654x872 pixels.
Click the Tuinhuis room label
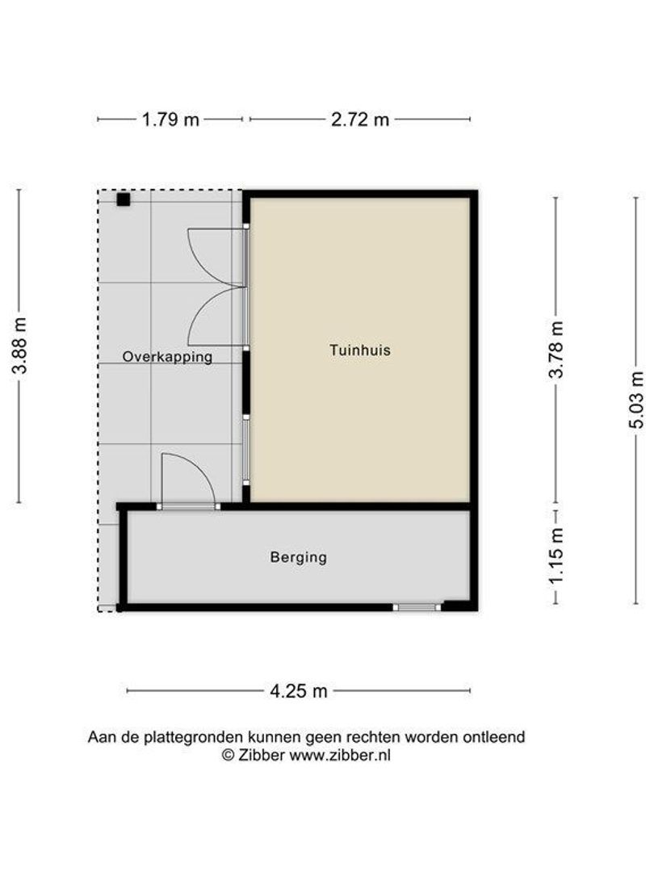pyautogui.click(x=360, y=350)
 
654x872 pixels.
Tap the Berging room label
pyautogui.click(x=299, y=556)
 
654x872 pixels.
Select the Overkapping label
pyautogui.click(x=168, y=356)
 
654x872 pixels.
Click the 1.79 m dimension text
pyautogui.click(x=170, y=119)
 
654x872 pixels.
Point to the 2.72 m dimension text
pyautogui.click(x=360, y=119)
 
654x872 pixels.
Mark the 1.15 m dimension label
pyautogui.click(x=556, y=557)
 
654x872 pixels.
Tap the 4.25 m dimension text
pyautogui.click(x=299, y=691)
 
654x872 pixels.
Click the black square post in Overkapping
pyautogui.click(x=123, y=199)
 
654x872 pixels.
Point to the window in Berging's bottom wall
pyautogui.click(x=417, y=606)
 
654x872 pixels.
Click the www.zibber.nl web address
pyautogui.click(x=340, y=755)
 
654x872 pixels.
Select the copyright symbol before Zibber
pyautogui.click(x=228, y=755)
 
